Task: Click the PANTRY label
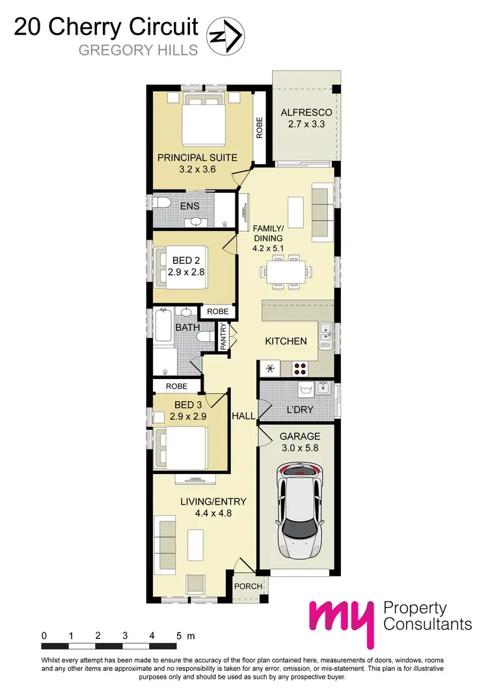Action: point(223,337)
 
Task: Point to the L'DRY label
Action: point(300,410)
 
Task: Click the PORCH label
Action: point(249,586)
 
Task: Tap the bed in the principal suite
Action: point(204,120)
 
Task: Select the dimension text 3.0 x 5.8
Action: point(300,448)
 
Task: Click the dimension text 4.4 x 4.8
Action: point(213,513)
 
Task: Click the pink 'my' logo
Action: point(342,621)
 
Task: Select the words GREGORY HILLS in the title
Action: point(138,50)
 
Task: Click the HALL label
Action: point(243,416)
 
